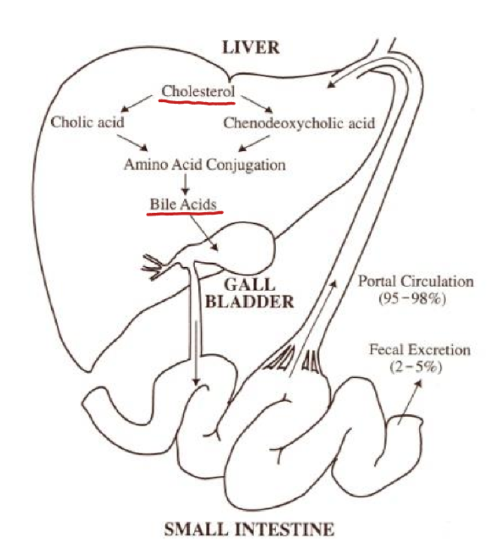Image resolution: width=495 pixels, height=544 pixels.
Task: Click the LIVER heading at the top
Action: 250,48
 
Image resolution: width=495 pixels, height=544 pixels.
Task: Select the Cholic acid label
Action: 87,123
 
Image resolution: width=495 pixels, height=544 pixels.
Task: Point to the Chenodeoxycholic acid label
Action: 299,123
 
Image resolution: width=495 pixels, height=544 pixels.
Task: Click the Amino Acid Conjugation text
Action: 204,164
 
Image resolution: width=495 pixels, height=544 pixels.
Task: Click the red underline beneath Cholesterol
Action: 196,102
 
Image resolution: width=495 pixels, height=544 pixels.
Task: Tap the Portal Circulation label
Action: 416,281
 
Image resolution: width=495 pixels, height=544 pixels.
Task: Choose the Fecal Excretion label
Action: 420,349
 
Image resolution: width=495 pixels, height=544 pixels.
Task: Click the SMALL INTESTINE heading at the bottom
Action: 249,527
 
